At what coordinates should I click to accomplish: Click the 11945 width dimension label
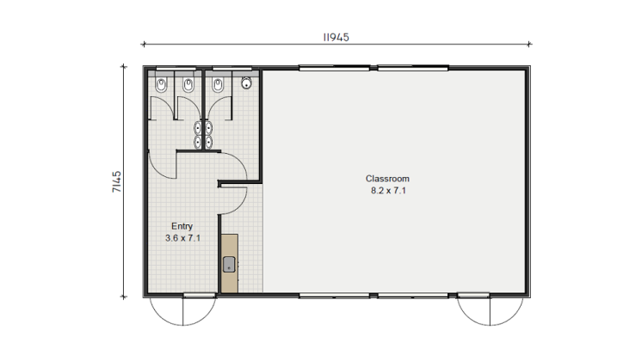point(336,37)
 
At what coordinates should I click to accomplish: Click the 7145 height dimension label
point(117,181)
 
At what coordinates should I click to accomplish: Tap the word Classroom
point(387,179)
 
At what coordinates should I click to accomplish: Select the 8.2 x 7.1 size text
point(388,191)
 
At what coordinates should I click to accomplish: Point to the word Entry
point(182,227)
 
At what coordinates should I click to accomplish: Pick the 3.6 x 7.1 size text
point(182,238)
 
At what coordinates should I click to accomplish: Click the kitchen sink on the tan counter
point(229,264)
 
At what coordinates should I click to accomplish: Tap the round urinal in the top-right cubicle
point(246,83)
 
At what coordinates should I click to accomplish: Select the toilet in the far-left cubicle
point(161,84)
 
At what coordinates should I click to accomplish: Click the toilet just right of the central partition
point(218,84)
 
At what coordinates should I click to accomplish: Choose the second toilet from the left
point(188,84)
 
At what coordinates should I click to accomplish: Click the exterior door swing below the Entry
point(183,310)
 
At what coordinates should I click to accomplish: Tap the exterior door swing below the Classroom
point(490,310)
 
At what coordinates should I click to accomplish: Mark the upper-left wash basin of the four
point(198,128)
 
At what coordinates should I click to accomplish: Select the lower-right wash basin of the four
point(209,142)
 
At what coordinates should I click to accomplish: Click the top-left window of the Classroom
point(335,68)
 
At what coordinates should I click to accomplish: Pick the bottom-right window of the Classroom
point(413,295)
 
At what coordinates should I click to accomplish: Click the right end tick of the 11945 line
point(529,44)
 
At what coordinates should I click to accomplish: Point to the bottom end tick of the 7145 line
point(123,297)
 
